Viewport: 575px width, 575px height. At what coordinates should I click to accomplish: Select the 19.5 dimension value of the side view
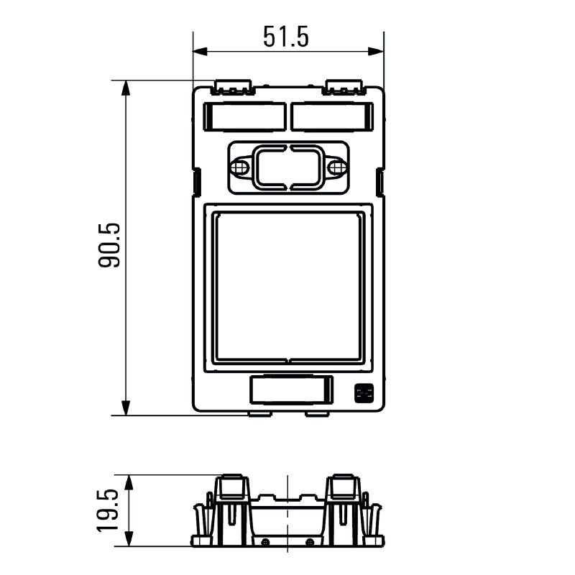[109, 510]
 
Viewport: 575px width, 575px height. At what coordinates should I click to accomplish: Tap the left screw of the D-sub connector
[240, 167]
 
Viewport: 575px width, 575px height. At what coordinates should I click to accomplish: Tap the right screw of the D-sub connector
[336, 167]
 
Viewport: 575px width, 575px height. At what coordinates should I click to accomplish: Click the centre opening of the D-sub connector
[288, 167]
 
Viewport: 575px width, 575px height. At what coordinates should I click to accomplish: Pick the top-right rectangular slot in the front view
[332, 116]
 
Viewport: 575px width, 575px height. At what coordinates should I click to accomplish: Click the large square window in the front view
[288, 286]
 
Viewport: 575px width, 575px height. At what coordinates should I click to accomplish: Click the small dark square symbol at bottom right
[364, 393]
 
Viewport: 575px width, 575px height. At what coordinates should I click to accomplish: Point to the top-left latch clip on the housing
[233, 88]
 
